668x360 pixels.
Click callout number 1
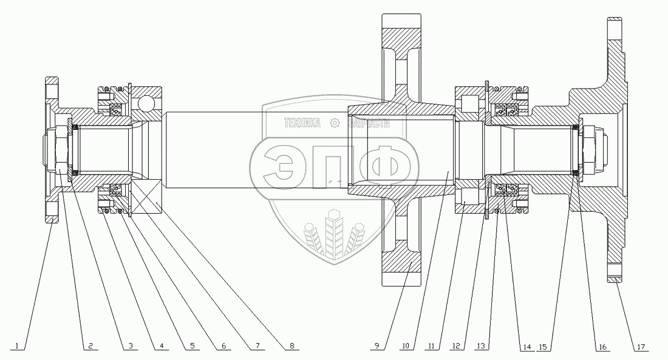point(16,346)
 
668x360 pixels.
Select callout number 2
point(90,346)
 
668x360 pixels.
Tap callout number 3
point(131,346)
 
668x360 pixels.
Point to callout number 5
point(193,346)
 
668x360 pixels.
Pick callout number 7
point(257,346)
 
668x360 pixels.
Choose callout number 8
point(292,346)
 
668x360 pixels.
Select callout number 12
point(457,346)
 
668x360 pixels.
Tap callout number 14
point(527,347)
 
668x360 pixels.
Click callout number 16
point(602,347)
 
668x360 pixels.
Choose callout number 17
point(641,347)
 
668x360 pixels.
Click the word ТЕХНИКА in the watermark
point(302,124)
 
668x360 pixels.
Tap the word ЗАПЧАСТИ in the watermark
point(369,124)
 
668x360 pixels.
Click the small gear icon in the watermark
point(335,124)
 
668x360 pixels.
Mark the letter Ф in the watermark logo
point(390,166)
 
